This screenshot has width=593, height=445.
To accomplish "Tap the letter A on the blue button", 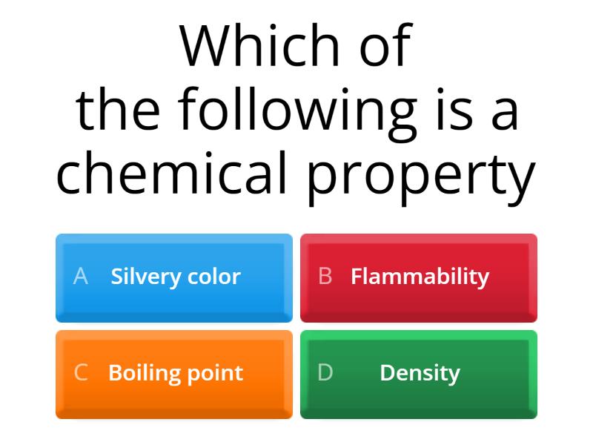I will point(81,277).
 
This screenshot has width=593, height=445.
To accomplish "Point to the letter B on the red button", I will point(325,277).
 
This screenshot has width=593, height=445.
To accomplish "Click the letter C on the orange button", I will point(81,372).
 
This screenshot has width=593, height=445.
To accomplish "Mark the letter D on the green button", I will point(325,372).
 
